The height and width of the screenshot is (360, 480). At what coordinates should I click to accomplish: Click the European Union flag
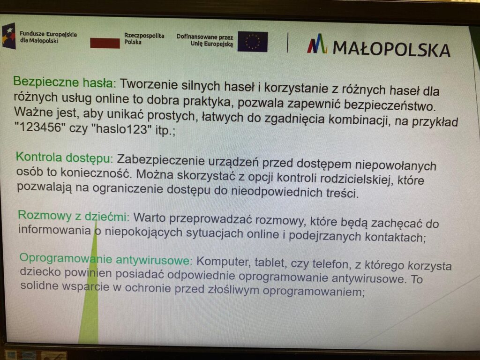tap(253, 42)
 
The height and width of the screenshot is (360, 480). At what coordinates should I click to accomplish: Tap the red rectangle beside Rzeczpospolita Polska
tap(105, 43)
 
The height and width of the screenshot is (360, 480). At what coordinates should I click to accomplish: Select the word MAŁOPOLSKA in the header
tap(391, 49)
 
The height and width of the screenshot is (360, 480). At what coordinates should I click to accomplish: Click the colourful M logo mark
tap(317, 44)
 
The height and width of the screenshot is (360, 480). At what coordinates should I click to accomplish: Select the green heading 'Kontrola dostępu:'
tap(64, 157)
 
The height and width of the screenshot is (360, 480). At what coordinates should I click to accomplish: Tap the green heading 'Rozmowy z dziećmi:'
tap(74, 216)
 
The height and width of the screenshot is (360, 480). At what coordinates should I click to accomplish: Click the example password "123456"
tap(40, 127)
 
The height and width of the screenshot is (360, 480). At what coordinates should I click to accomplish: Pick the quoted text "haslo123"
tap(120, 129)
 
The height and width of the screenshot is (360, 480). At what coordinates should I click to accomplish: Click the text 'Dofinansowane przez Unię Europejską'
tap(205, 40)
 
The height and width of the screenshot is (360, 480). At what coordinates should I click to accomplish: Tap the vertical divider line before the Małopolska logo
tap(287, 43)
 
